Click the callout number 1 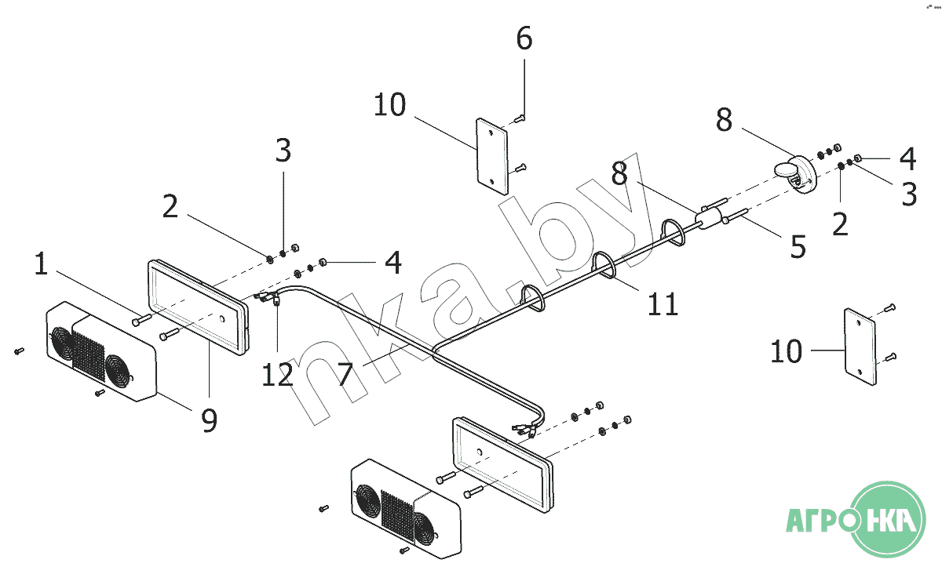41,264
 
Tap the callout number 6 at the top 524,38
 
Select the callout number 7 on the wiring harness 345,374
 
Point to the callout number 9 210,420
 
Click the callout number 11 663,303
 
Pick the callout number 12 277,374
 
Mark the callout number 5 798,246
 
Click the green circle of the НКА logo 888,519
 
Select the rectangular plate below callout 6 492,156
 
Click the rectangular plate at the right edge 860,347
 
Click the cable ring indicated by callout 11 604,265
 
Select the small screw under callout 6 519,119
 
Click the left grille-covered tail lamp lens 101,351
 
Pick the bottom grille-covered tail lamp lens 407,509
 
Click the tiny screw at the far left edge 19,351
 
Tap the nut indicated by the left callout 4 323,262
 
